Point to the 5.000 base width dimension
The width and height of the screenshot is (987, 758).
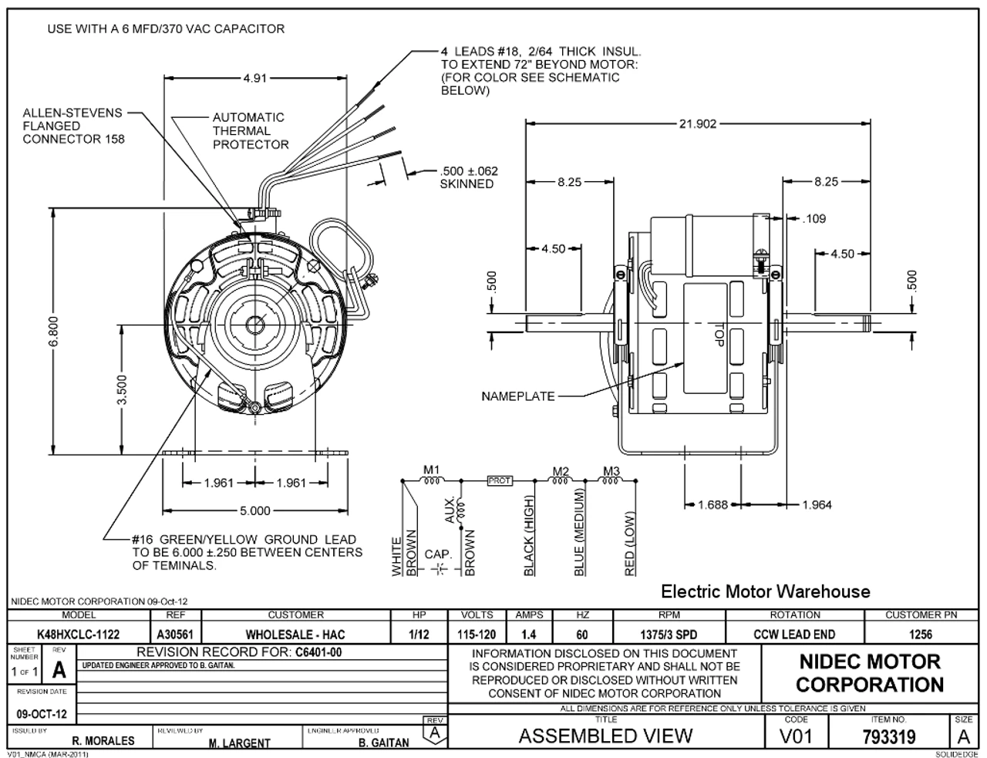pyautogui.click(x=254, y=510)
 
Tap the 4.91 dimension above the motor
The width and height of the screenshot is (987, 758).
pyautogui.click(x=255, y=78)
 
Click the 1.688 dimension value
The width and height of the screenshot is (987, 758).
pyautogui.click(x=712, y=504)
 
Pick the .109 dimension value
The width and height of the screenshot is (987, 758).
pyautogui.click(x=814, y=219)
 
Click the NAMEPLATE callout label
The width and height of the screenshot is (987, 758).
pyautogui.click(x=517, y=396)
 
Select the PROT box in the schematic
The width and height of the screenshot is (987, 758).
pyautogui.click(x=500, y=480)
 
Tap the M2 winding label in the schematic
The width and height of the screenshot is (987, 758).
pyautogui.click(x=561, y=470)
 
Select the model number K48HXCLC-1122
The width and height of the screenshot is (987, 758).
pyautogui.click(x=78, y=635)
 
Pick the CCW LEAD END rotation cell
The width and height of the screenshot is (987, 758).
pyautogui.click(x=794, y=635)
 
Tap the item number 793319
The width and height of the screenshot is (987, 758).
pyautogui.click(x=888, y=736)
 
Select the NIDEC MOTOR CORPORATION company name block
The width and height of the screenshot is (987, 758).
pyautogui.click(x=869, y=673)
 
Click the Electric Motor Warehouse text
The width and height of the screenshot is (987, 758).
pyautogui.click(x=766, y=591)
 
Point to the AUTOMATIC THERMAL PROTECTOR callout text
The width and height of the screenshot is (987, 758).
pyautogui.click(x=251, y=131)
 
